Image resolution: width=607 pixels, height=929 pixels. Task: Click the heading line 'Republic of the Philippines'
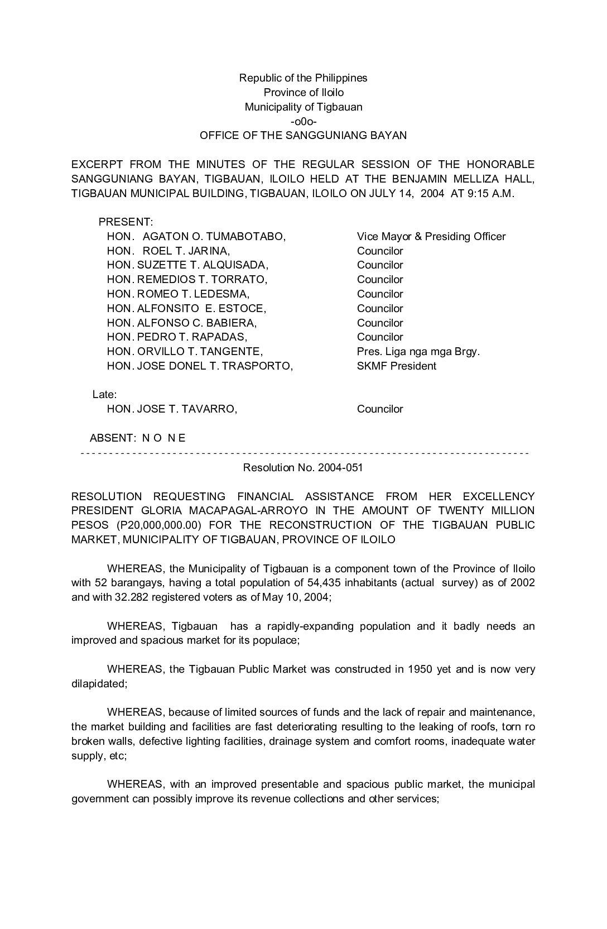[303, 78]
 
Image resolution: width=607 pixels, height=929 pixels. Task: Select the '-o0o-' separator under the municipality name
[303, 121]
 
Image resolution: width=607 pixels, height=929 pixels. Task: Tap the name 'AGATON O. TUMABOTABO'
[214, 237]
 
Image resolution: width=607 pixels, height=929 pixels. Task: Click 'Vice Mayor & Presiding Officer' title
[431, 237]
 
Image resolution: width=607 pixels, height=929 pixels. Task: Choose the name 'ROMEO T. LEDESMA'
[193, 294]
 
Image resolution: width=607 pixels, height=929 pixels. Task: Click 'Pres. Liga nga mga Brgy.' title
[418, 352]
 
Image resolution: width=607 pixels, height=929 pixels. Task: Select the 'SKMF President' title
[397, 366]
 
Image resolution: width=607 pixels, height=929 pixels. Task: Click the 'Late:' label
[104, 395]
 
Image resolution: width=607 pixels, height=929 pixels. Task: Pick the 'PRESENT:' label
[126, 222]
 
